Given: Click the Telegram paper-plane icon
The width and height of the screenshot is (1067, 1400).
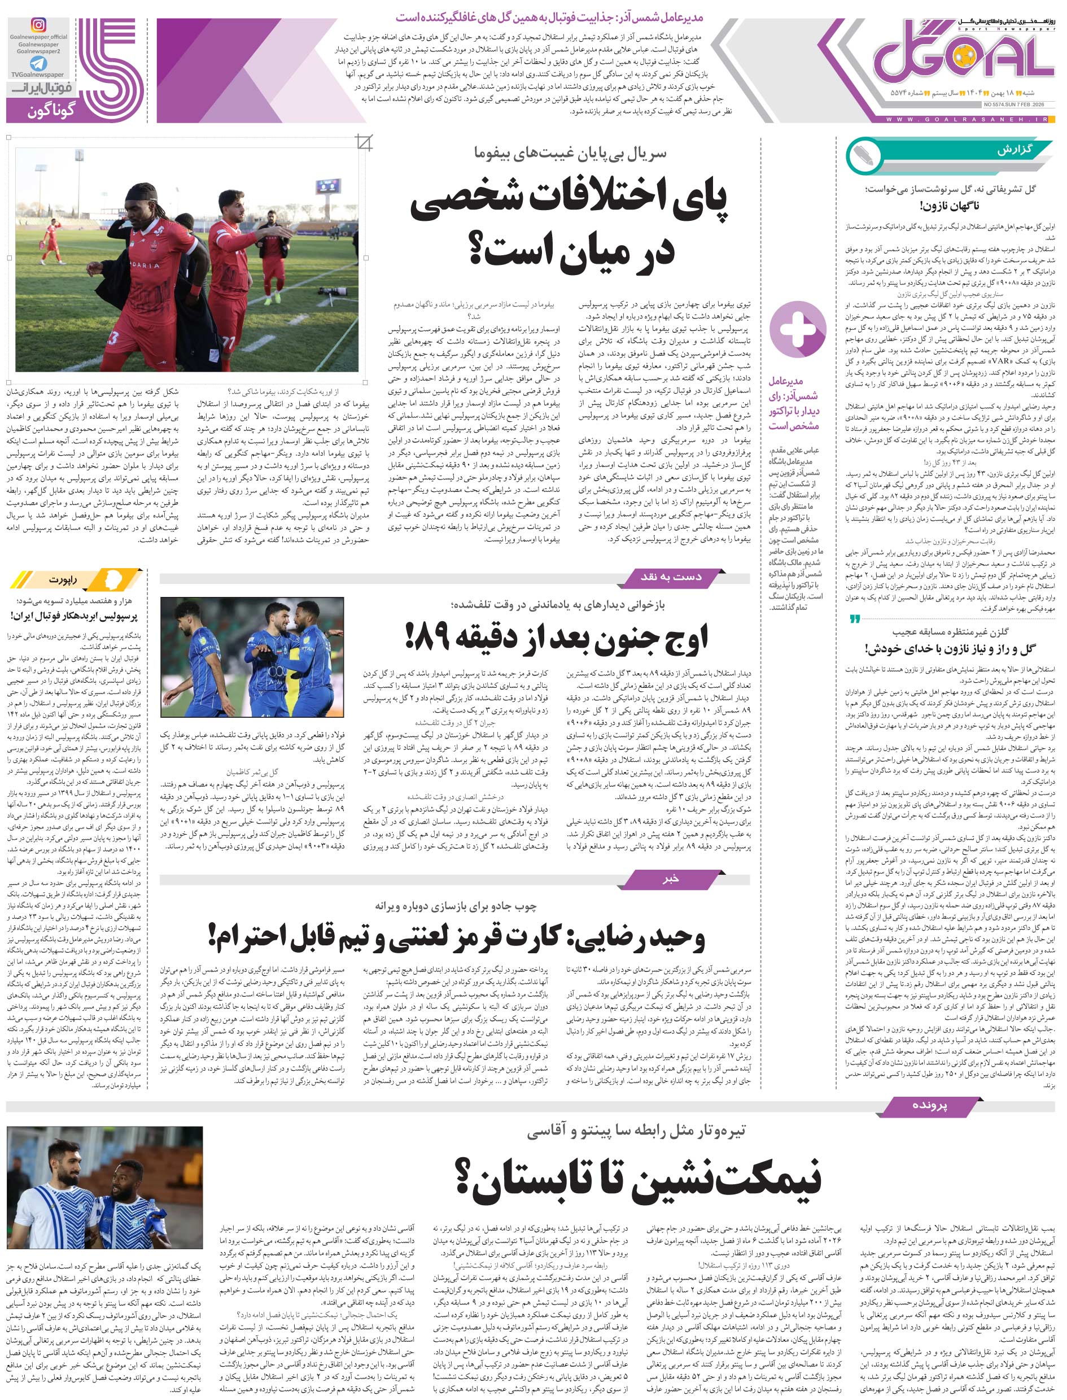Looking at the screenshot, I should click(38, 63).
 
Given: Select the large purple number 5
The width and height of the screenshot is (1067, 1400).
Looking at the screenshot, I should click(108, 63).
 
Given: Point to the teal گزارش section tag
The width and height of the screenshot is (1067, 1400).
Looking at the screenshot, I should click(1016, 151).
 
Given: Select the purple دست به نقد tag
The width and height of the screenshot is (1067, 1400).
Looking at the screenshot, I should click(671, 577).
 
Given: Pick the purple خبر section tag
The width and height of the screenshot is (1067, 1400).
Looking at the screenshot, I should click(671, 879).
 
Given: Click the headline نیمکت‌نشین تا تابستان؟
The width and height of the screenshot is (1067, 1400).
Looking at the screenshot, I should click(638, 1176).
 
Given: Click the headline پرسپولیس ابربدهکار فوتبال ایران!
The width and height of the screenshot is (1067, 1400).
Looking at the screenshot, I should click(73, 616).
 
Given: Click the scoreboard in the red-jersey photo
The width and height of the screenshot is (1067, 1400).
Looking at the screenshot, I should click(327, 186).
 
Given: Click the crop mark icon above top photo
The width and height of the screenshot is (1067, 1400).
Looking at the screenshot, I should click(364, 143).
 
